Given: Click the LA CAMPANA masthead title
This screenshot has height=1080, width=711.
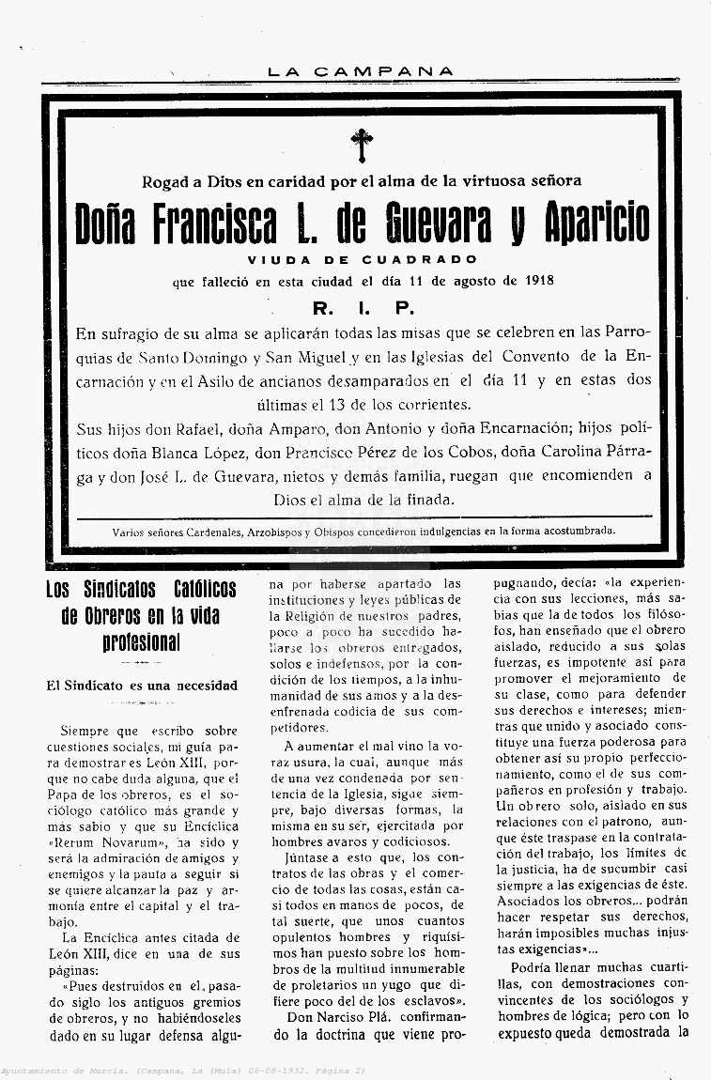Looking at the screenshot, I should (360, 71).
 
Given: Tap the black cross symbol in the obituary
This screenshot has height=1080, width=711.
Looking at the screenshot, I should (362, 145).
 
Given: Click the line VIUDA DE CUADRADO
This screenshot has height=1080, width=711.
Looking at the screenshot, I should (363, 259).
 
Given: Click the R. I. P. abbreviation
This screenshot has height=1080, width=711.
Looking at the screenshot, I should (363, 307).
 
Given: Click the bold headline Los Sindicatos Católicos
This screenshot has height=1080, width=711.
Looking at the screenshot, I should (142, 591).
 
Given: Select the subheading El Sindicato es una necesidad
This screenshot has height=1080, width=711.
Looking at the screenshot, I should (142, 686).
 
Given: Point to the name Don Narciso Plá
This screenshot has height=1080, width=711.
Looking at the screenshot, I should (332, 1016).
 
